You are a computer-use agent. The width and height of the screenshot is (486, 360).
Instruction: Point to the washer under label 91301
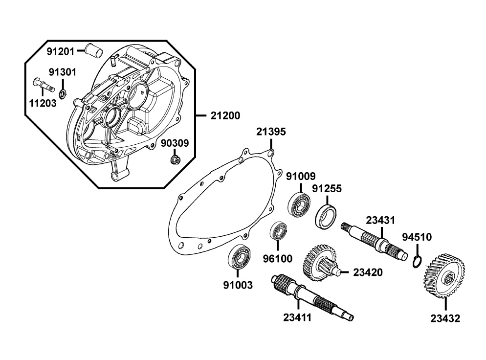click(x=62, y=92)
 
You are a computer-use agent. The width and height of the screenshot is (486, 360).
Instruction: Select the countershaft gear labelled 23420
click(x=320, y=265)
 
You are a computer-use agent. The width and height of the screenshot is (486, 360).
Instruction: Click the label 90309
click(x=176, y=143)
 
